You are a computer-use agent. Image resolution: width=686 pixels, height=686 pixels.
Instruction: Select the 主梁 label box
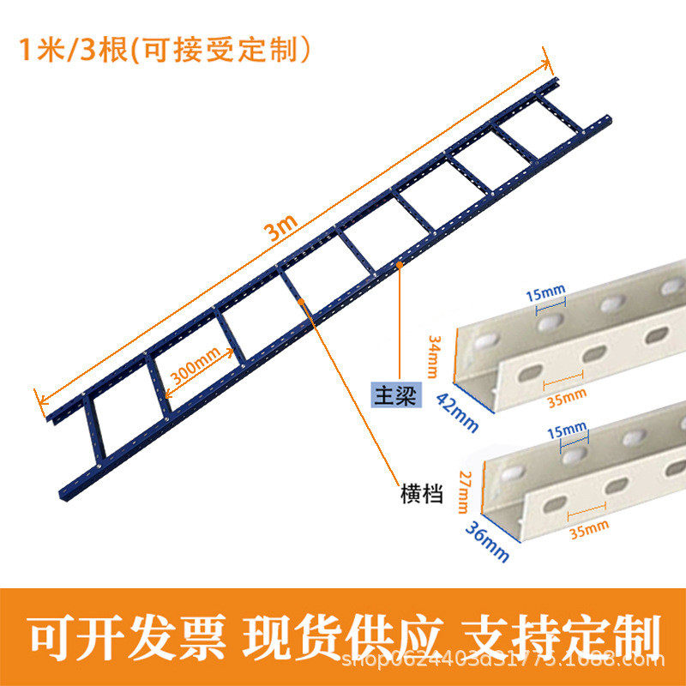pos(390,394)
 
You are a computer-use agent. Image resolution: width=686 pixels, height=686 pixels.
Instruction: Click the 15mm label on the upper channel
pos(545,295)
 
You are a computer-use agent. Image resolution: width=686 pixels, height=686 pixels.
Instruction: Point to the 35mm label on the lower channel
pos(588,524)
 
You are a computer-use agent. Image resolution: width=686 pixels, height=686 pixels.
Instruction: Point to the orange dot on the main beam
pos(400,267)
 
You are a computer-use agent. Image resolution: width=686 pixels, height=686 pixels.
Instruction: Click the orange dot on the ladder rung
pos(300,300)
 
